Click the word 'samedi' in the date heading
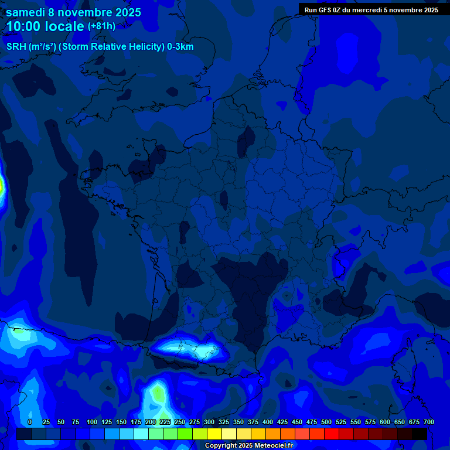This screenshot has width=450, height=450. pos(25,12)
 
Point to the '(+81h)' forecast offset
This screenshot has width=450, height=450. pos(101,26)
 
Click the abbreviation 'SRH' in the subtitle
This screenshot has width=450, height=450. pos(16,47)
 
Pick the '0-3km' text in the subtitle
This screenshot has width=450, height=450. pos(180,47)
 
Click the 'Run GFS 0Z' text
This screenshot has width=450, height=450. pos(323,10)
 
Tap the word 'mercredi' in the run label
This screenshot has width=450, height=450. pos(367,10)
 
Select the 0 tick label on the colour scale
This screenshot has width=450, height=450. pos(30,422)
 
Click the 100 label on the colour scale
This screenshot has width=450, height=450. pos(91,422)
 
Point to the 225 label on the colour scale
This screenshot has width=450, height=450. pos(165,422)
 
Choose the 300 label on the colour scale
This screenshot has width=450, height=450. pos(209,422)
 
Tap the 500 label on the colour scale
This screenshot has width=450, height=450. pos(326,422)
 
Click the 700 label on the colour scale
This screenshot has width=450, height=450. pos(428,422)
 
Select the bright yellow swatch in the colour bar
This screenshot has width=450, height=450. pos(214,434)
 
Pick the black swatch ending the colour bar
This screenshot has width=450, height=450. pos(420,434)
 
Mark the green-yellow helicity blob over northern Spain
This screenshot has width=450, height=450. pos(157,393)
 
